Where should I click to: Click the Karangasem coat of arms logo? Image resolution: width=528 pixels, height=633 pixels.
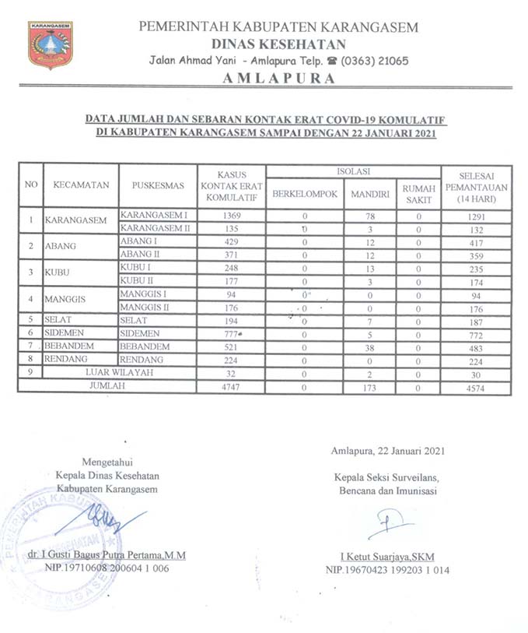50,45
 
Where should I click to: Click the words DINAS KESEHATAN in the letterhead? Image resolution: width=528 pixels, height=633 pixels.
278,44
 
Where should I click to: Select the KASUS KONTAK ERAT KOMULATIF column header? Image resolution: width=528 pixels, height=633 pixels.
232,186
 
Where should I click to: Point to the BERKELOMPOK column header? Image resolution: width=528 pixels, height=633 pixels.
304,193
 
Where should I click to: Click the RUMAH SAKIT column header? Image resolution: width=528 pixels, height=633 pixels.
418,193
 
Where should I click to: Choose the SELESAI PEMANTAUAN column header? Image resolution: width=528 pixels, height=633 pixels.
476,187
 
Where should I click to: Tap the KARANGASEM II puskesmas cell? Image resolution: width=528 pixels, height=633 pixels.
155,229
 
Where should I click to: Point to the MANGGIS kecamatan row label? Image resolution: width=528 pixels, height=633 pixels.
66,301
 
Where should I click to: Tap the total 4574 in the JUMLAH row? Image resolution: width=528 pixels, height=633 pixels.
476,386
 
